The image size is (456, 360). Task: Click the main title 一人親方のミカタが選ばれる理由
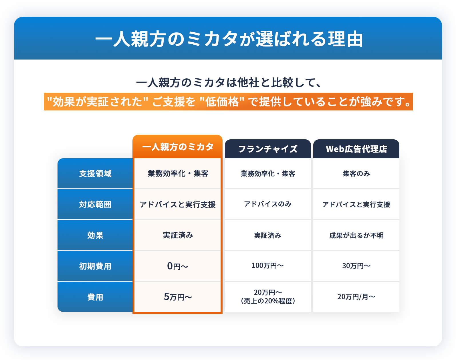[x=229, y=39]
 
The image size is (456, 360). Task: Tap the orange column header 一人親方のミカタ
[x=178, y=147]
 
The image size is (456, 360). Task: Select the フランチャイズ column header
[x=268, y=149]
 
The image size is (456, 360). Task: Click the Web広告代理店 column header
[x=356, y=149]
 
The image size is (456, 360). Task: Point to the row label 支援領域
[x=95, y=173]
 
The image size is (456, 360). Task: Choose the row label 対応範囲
[x=95, y=204]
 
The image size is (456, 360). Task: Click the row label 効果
[x=95, y=235]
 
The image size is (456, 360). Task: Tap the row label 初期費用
[x=95, y=266]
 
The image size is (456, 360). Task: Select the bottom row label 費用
[x=95, y=297]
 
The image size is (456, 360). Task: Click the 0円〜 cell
[x=178, y=266]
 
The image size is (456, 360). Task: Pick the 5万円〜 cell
[x=178, y=297]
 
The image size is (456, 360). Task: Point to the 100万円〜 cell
[x=268, y=266]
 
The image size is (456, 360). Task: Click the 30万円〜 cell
[x=356, y=266]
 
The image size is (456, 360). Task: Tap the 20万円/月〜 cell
[x=356, y=297]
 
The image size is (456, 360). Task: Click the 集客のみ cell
[x=356, y=173]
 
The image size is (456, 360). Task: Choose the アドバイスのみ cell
[x=268, y=204]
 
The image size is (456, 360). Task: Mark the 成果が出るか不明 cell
[x=356, y=235]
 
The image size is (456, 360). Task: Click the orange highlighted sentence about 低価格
[x=228, y=102]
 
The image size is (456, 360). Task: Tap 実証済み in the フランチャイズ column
[x=268, y=235]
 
